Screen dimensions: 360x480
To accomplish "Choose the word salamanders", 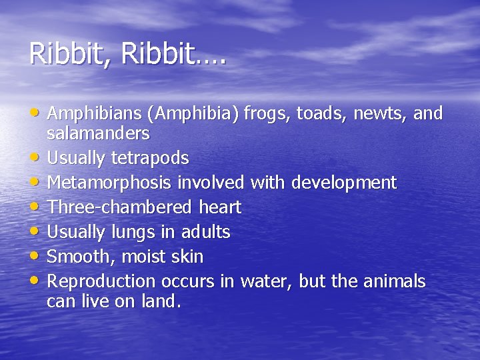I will point(98,133).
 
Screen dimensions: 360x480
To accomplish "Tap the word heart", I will point(220,207).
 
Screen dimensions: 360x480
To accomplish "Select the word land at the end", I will point(161,301).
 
